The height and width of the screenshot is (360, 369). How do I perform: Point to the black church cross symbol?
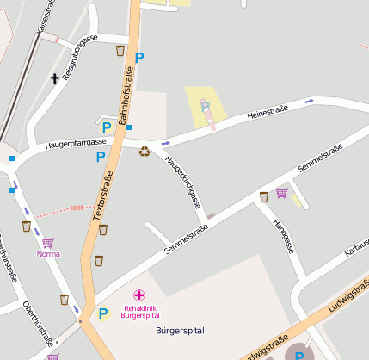(55, 79)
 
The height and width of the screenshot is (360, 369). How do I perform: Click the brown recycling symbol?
(145, 152)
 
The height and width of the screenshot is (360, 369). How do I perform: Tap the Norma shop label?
(48, 254)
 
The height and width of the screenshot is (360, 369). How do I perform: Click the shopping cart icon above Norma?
(47, 243)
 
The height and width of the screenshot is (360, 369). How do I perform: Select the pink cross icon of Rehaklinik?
(139, 295)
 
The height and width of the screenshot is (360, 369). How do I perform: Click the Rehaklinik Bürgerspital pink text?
(141, 311)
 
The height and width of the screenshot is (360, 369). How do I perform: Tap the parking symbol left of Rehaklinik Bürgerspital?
(103, 313)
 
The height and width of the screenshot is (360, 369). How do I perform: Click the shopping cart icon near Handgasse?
(281, 193)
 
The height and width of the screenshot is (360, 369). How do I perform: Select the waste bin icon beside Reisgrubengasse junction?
(120, 51)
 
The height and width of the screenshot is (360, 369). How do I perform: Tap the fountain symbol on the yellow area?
(206, 106)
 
